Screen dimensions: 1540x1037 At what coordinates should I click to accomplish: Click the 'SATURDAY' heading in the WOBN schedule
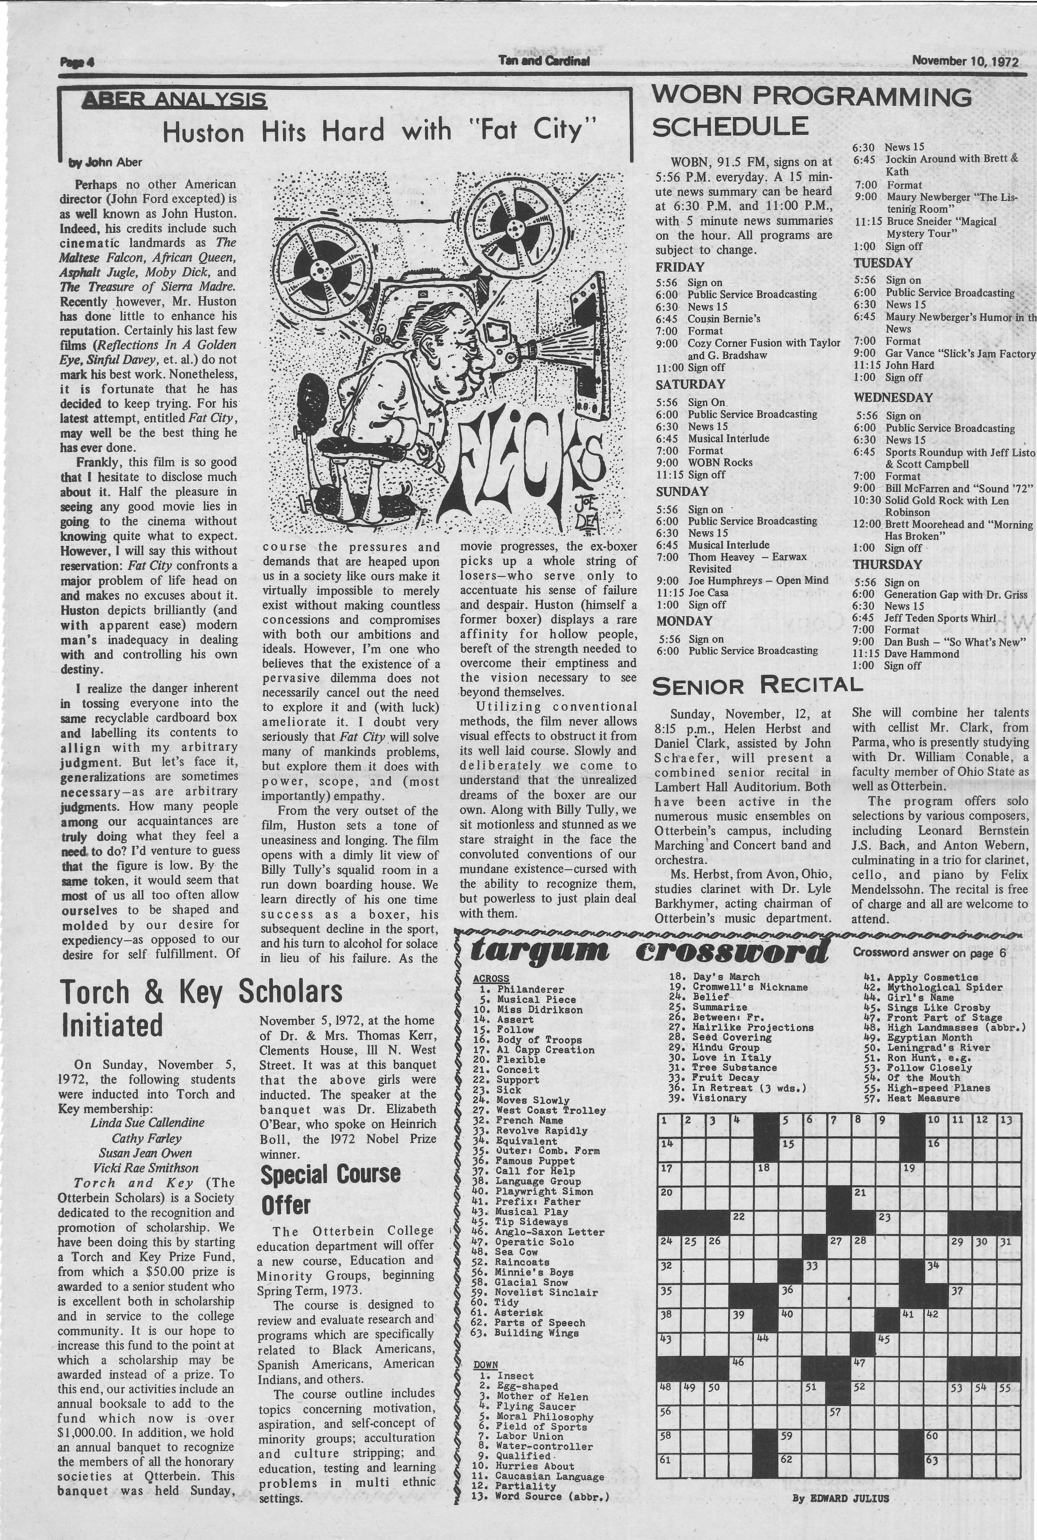click(x=691, y=384)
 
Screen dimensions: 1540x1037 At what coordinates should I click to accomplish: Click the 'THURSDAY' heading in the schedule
click(x=887, y=565)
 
